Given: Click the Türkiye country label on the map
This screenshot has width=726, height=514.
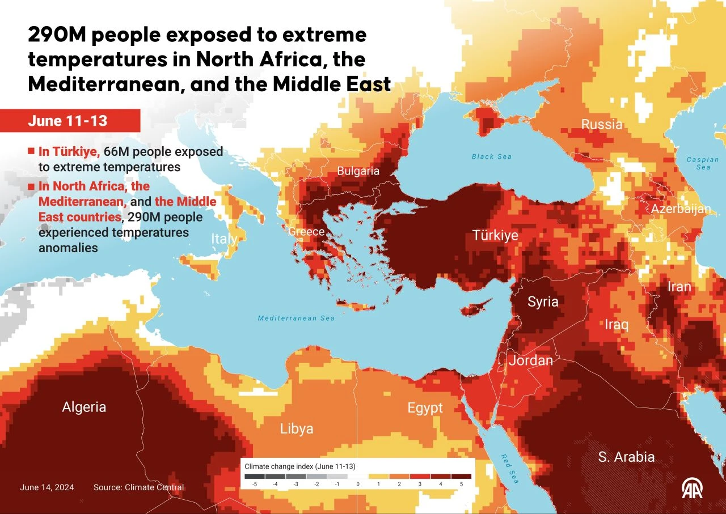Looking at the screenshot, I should pyautogui.click(x=495, y=235).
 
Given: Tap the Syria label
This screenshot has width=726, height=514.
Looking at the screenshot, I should pyautogui.click(x=543, y=301).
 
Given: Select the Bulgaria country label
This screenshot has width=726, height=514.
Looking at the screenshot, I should pyautogui.click(x=358, y=171).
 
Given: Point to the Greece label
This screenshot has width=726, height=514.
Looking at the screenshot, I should pyautogui.click(x=306, y=232).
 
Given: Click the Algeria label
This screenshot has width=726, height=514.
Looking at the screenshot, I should pyautogui.click(x=84, y=407).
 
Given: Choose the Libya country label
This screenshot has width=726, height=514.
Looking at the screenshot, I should pyautogui.click(x=297, y=429).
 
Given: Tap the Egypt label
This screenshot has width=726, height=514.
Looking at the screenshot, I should pyautogui.click(x=425, y=408).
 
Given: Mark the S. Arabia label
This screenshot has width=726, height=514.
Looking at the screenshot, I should pyautogui.click(x=626, y=457).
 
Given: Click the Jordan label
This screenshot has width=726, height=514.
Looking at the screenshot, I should pyautogui.click(x=530, y=360).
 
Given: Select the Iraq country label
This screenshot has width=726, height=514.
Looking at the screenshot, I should pyautogui.click(x=616, y=325).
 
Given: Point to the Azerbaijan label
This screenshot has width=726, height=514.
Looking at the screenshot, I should pyautogui.click(x=680, y=209).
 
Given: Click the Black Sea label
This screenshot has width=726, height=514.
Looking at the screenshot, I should pyautogui.click(x=492, y=156).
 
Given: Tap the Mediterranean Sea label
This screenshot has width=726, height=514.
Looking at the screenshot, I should pyautogui.click(x=296, y=318).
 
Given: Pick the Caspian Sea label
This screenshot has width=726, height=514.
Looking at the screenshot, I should pyautogui.click(x=702, y=163).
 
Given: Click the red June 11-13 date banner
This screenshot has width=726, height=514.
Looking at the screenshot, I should pyautogui.click(x=70, y=121).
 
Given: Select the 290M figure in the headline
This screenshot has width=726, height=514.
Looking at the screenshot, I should pyautogui.click(x=56, y=36).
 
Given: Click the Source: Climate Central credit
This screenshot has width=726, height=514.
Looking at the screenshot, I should pyautogui.click(x=138, y=487).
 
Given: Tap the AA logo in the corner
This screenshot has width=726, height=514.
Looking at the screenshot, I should pyautogui.click(x=692, y=488).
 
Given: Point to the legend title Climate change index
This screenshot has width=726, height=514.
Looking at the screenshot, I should pyautogui.click(x=299, y=466).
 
